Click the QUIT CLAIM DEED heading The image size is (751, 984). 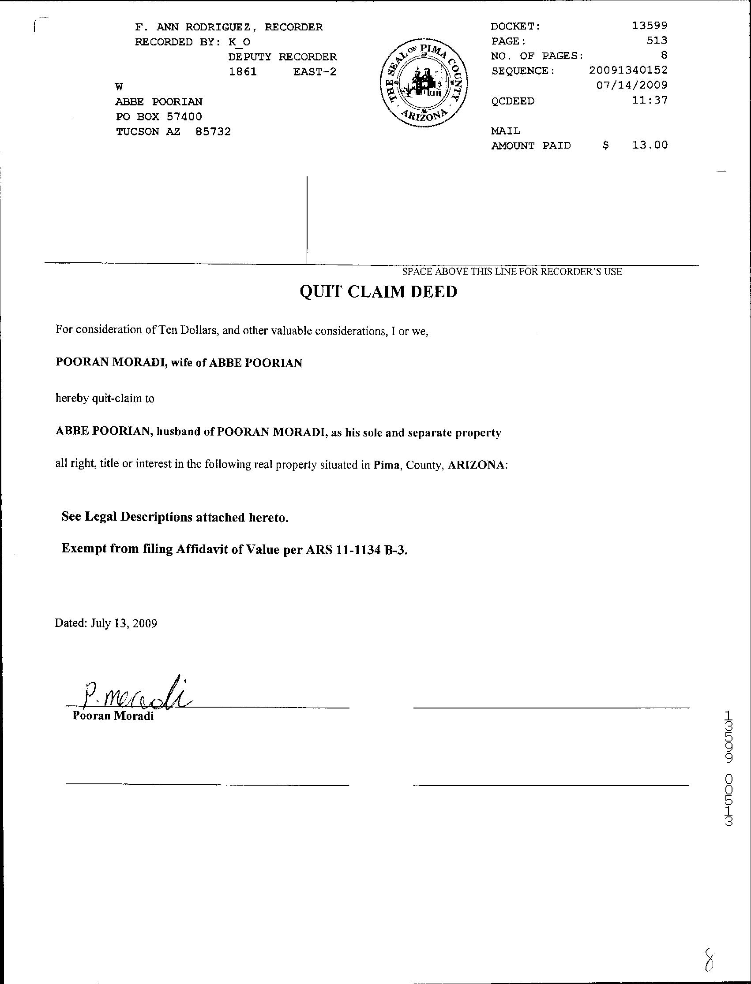click(x=378, y=292)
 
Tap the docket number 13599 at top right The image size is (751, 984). click(x=650, y=26)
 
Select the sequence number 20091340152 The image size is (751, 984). click(x=628, y=70)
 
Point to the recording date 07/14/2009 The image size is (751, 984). click(x=632, y=85)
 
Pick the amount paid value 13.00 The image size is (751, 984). click(x=650, y=145)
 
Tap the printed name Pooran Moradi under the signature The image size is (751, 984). click(x=113, y=716)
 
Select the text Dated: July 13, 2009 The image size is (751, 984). click(x=106, y=623)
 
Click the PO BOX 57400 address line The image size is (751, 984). click(x=159, y=116)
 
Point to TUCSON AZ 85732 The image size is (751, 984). click(x=173, y=132)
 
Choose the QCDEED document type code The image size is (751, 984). click(x=513, y=101)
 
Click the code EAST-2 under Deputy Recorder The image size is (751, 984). click(x=314, y=71)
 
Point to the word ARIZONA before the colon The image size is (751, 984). click(x=477, y=465)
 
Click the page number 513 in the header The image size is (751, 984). click(x=657, y=41)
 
